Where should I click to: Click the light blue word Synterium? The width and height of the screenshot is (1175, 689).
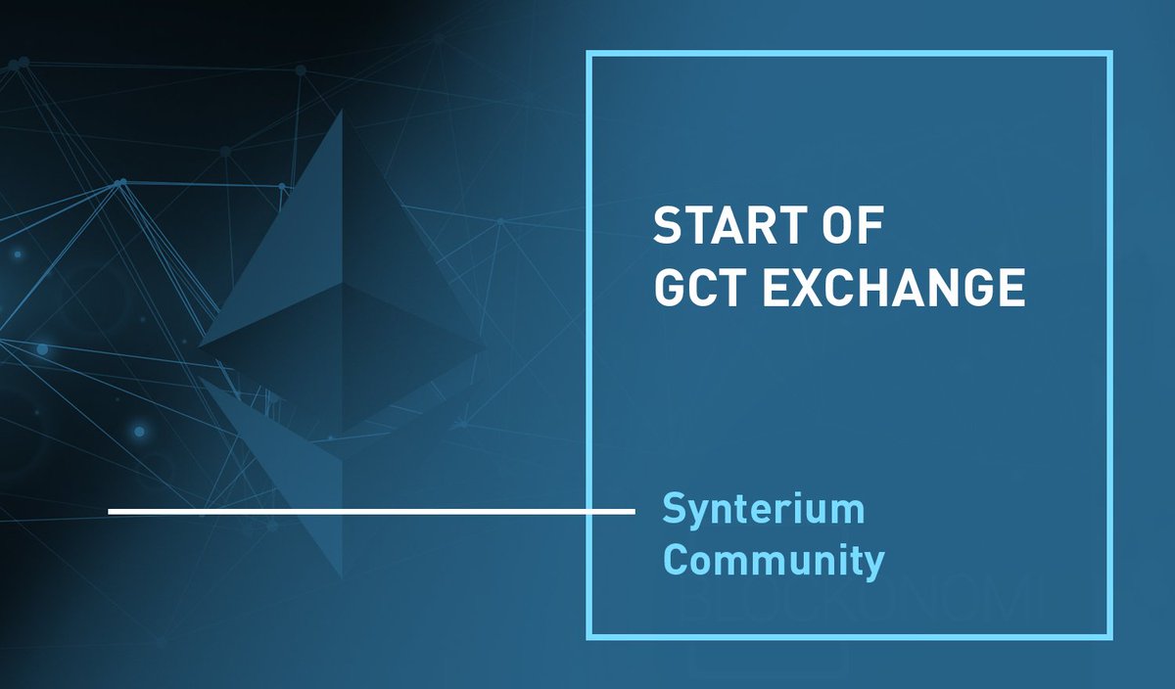764,511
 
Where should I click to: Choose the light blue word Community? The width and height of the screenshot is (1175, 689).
774,561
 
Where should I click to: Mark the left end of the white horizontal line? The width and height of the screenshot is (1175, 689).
110,511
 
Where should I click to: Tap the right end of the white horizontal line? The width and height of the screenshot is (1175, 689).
634,511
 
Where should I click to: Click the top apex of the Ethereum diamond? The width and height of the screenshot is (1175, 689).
343,111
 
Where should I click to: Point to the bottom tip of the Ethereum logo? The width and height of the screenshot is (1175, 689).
343,577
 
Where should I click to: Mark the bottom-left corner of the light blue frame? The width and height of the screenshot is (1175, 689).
589,637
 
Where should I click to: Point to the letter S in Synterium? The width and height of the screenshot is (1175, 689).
674,510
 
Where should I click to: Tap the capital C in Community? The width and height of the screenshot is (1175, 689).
675,561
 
